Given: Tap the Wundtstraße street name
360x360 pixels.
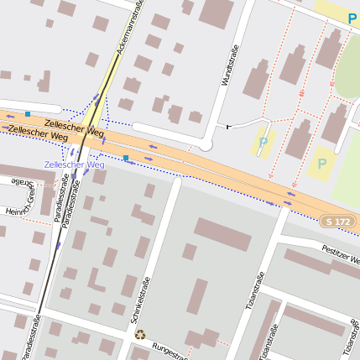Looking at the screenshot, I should coord(226,70).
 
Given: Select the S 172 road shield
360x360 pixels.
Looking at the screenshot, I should coord(336,220).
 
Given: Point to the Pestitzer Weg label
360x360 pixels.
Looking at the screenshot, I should coord(341,253).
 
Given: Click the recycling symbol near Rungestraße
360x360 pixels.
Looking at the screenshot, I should coord(140,334).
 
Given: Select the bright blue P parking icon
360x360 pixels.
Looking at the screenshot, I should coord(351,17).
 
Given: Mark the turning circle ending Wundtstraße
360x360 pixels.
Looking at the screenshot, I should coord(205,144).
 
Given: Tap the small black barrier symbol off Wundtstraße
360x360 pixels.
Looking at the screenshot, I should coord(228,126).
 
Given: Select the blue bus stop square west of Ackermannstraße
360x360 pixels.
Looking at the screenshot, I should coord(28,113).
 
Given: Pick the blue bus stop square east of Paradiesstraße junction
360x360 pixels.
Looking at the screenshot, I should coord(126,157).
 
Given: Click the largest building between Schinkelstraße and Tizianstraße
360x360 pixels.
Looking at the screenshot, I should coord(222,234).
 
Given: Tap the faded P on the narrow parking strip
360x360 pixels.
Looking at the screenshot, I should coord(263,142).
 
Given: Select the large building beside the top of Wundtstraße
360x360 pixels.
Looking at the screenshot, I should coord(217,13).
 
